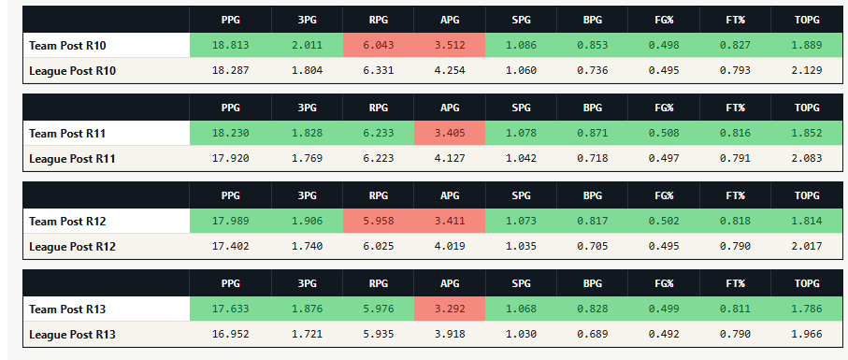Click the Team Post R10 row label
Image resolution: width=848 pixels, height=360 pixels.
point(67,46)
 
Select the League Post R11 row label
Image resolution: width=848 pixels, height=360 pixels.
point(73,159)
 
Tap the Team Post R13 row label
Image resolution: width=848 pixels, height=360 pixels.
point(67,310)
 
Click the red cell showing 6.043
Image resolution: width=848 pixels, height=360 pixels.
point(378,46)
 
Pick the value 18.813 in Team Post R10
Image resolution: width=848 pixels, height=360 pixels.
point(231,46)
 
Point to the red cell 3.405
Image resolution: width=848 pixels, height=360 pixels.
point(450,133)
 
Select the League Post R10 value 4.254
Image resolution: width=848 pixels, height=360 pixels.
point(450,70)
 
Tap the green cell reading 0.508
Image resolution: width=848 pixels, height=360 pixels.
point(664,133)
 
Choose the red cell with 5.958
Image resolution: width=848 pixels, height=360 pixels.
point(378,221)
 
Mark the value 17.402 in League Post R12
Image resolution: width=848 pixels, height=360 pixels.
point(231,247)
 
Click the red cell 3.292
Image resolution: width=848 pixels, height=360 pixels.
point(450,310)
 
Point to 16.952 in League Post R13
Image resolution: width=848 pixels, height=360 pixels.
point(231,335)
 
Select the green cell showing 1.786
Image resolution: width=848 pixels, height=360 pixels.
point(806,310)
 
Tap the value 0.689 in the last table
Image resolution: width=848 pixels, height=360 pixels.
point(593,335)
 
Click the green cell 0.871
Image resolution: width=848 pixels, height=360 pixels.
point(593,133)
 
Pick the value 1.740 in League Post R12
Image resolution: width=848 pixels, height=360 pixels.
point(308,247)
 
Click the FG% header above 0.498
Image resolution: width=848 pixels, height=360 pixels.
point(664,20)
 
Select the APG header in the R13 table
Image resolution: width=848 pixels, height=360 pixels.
point(450,283)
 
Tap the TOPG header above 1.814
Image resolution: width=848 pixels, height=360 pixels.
point(806,195)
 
